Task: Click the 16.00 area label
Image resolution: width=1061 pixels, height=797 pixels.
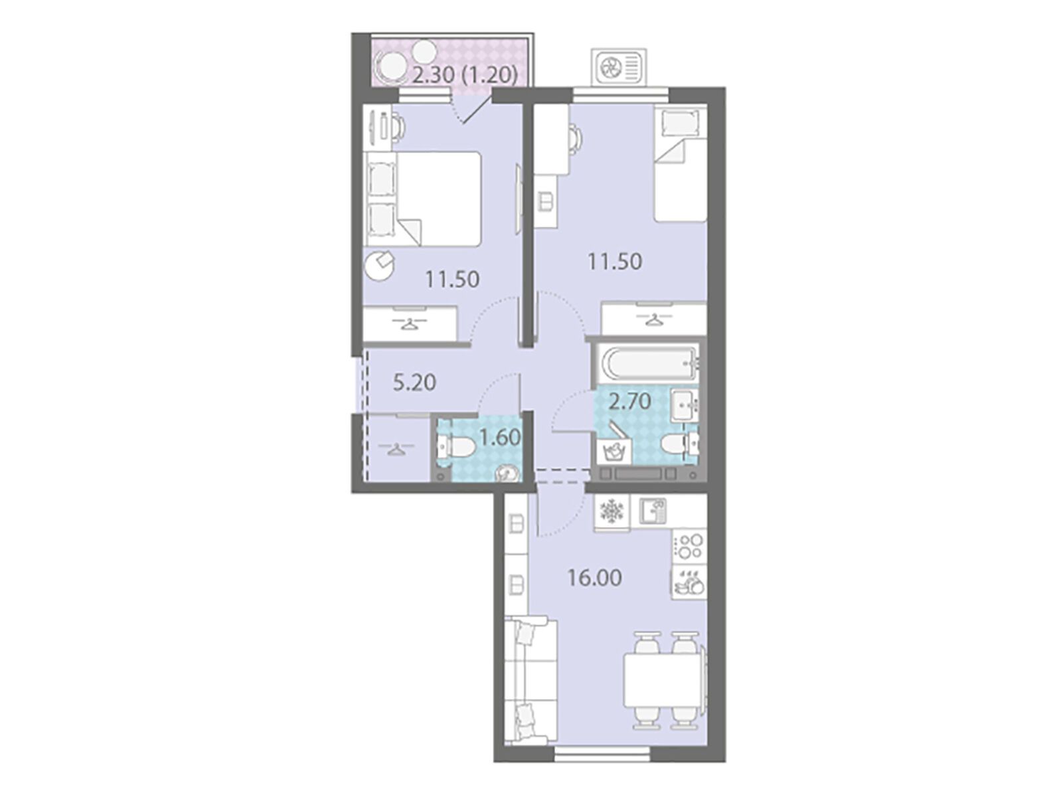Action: (x=594, y=578)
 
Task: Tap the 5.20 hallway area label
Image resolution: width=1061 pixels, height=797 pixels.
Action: (x=414, y=383)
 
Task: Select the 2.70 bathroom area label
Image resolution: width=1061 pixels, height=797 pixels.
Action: (x=630, y=402)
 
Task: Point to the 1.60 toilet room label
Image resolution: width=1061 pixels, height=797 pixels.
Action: (x=500, y=438)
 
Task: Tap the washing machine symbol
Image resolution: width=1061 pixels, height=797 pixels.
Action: (x=614, y=450)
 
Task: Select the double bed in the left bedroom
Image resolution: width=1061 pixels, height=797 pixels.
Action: (x=424, y=199)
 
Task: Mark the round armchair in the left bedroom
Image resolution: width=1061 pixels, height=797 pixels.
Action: (x=379, y=265)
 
